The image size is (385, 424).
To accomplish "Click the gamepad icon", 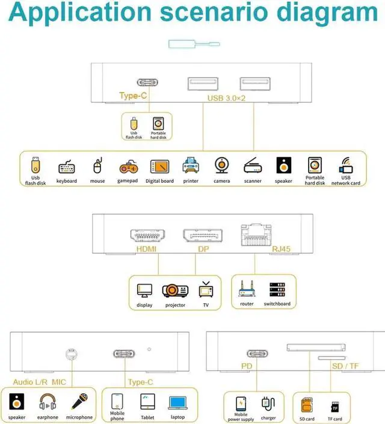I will click(x=128, y=167).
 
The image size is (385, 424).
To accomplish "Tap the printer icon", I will click(x=191, y=166).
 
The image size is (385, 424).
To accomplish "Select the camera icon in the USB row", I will click(x=221, y=166).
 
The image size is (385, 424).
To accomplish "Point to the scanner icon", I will click(x=253, y=167).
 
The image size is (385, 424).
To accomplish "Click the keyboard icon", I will click(x=67, y=167).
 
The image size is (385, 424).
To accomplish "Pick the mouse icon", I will click(x=97, y=167).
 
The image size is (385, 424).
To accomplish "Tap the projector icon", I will click(x=175, y=290).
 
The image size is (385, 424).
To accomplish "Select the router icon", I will click(x=247, y=289).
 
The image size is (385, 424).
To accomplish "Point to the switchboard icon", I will click(x=277, y=289).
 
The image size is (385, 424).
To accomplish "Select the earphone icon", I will click(x=48, y=402).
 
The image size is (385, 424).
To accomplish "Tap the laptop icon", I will click(x=177, y=402).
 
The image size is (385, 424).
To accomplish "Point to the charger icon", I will click(x=268, y=403).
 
